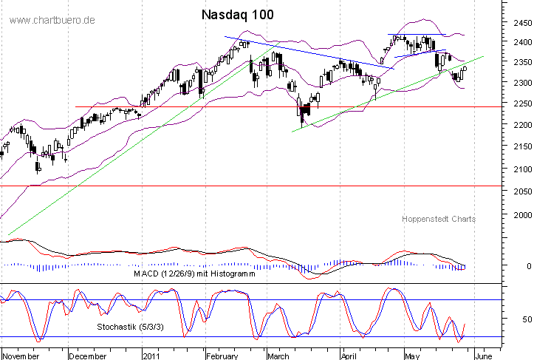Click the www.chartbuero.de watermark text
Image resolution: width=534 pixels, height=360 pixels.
(x=52, y=19)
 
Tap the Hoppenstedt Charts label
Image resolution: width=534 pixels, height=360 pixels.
(x=439, y=219)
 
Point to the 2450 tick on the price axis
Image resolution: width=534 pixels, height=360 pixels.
(x=521, y=23)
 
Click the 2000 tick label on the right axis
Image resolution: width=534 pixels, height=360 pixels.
(x=521, y=215)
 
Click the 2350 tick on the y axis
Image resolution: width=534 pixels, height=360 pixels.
(x=521, y=63)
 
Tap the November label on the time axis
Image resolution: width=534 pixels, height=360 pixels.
(x=21, y=354)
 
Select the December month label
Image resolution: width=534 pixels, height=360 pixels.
(x=88, y=354)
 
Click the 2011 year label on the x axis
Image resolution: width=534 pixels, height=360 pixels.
(x=151, y=354)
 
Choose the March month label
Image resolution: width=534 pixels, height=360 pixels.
(x=278, y=354)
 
